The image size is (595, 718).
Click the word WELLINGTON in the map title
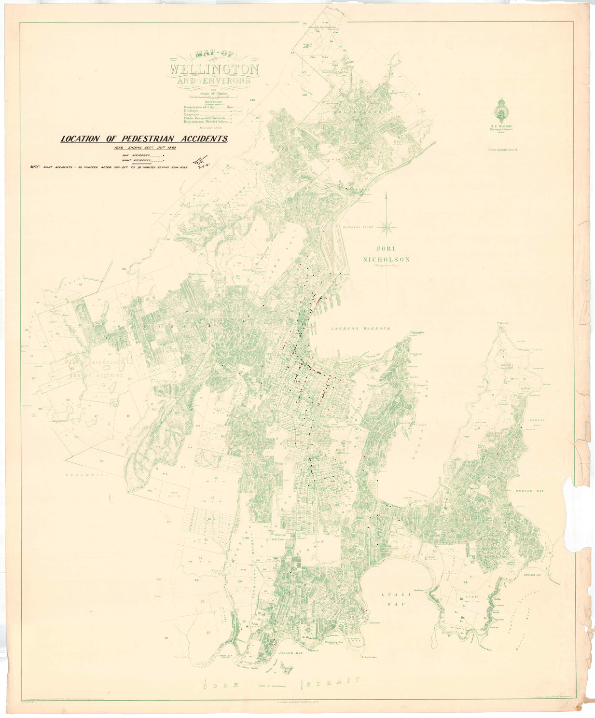pos(214,69)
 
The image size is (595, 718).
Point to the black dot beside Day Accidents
pos(164,155)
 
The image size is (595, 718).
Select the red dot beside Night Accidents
pos(164,160)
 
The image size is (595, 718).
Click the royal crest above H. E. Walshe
pos(501,110)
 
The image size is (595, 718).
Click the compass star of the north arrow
pos(387,225)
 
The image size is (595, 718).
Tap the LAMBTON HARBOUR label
pos(360,329)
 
